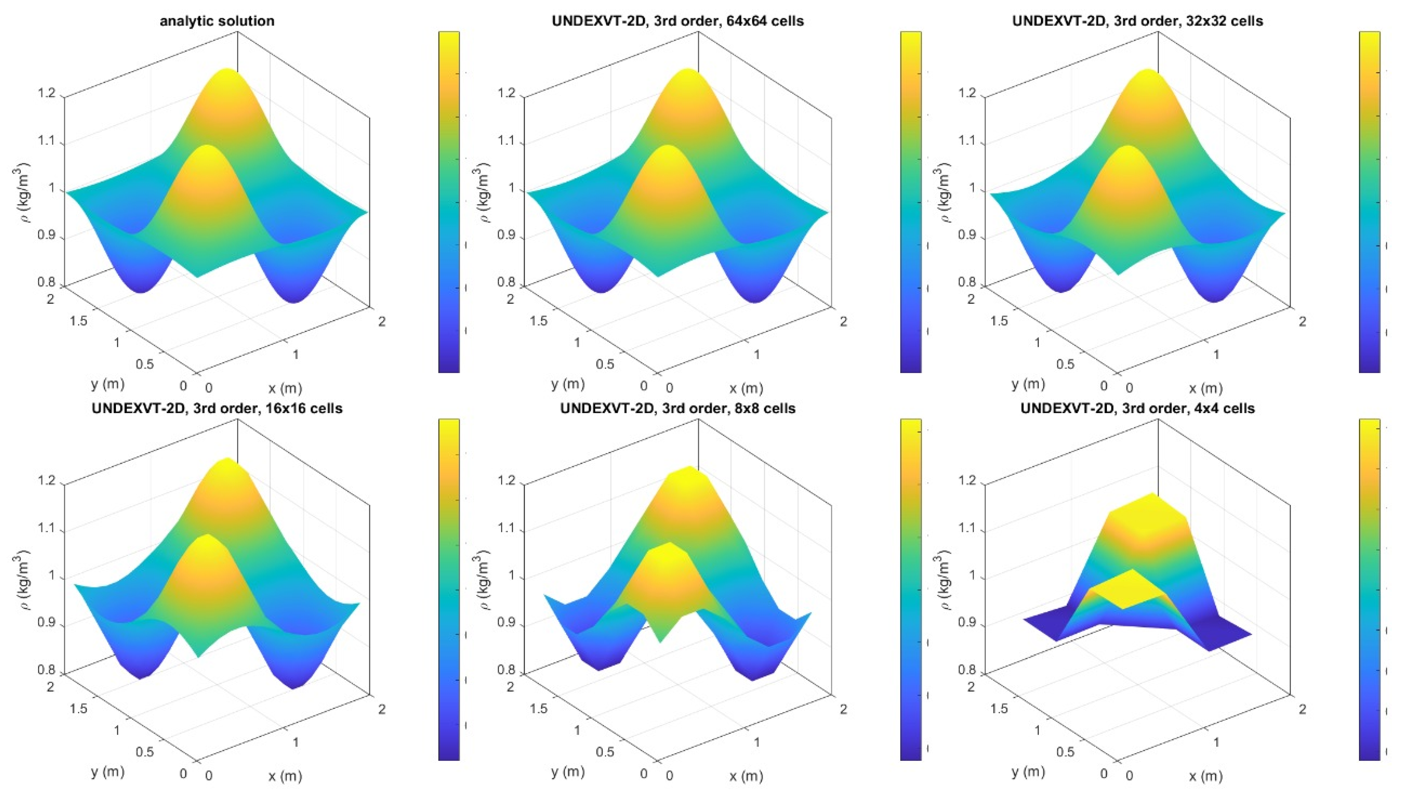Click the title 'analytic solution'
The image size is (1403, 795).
(217, 21)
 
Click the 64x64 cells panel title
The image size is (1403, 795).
(677, 21)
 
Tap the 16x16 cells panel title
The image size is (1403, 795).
(217, 408)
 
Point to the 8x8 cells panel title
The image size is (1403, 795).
(677, 408)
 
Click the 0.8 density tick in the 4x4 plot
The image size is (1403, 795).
(968, 669)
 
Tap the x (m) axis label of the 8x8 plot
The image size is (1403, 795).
(746, 776)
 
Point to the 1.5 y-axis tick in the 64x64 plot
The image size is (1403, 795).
(538, 321)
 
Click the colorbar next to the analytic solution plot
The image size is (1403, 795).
(449, 202)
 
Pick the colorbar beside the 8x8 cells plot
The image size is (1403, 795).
(910, 590)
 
